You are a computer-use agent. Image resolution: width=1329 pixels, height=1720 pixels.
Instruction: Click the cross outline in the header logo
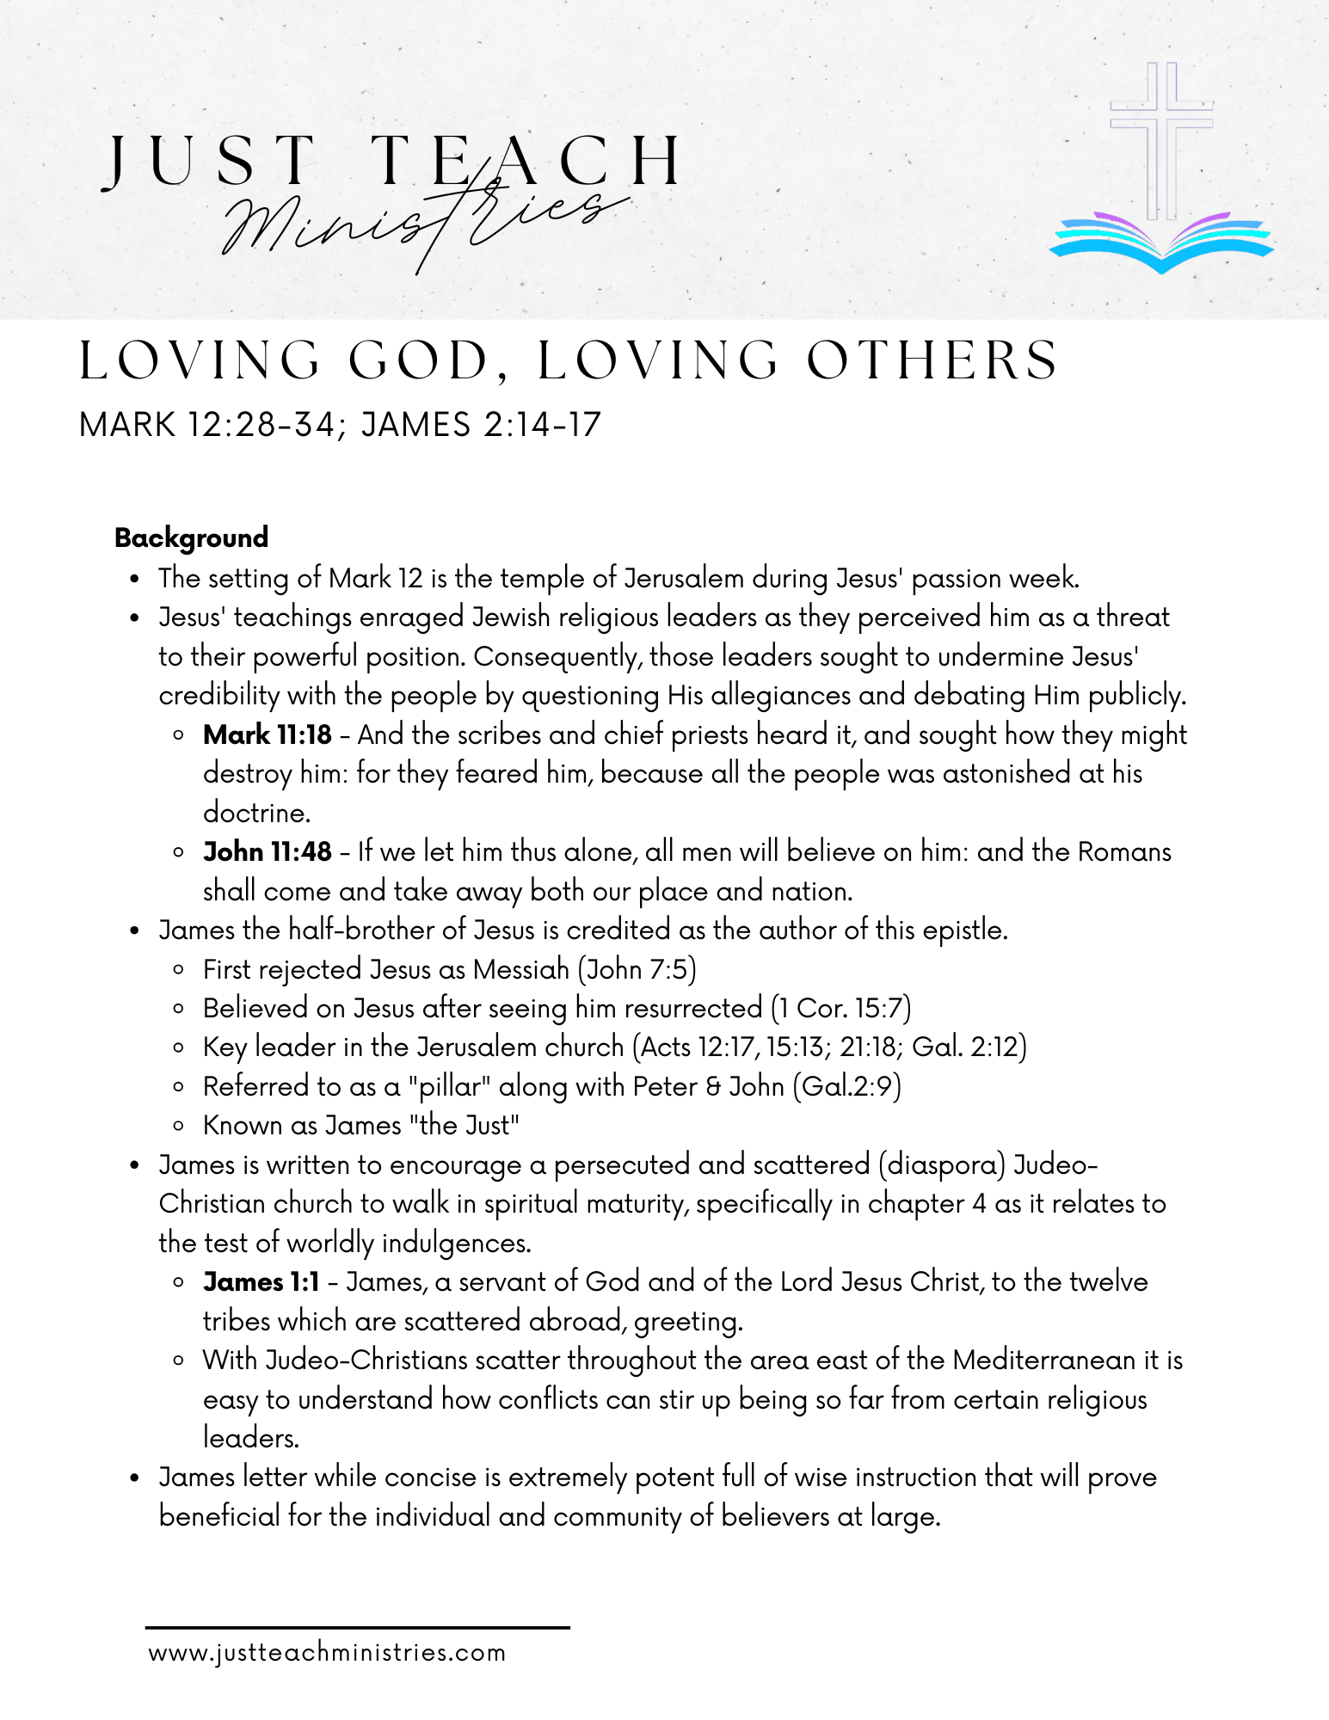(x=1160, y=138)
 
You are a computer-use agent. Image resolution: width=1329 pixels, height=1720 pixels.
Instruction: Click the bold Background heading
(x=191, y=537)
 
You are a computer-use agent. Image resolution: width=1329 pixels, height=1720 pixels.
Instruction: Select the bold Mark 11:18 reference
(x=267, y=734)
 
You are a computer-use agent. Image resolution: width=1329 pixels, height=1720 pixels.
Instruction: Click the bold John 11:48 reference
(x=267, y=851)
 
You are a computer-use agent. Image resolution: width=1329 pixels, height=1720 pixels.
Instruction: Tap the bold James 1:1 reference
(x=261, y=1281)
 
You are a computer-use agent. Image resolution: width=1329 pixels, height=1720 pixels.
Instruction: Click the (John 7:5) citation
(x=637, y=969)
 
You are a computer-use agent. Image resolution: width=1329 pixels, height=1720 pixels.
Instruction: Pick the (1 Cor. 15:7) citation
(x=840, y=1008)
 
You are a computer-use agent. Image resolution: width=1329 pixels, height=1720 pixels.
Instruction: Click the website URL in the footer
(x=327, y=1653)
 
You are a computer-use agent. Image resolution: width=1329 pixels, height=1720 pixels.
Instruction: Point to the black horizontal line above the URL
(x=357, y=1627)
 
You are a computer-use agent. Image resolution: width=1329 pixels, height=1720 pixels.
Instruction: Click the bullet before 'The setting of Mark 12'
(x=134, y=579)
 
